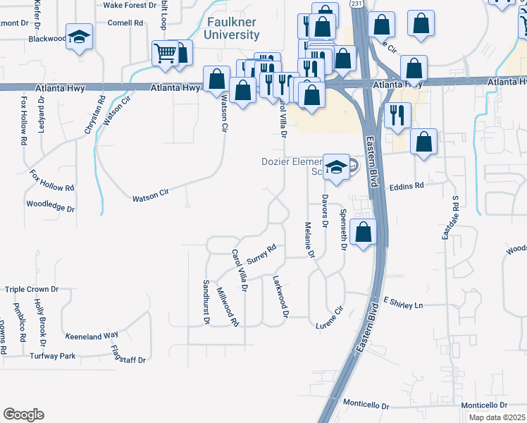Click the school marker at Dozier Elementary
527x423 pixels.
click(x=337, y=167)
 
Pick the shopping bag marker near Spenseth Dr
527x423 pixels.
click(x=363, y=232)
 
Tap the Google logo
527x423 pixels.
click(x=23, y=415)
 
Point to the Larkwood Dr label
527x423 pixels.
click(x=280, y=295)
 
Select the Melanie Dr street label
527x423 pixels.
click(x=308, y=240)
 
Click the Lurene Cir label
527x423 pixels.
click(x=329, y=314)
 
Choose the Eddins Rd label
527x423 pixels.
click(x=409, y=185)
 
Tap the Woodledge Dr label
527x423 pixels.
click(x=50, y=206)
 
